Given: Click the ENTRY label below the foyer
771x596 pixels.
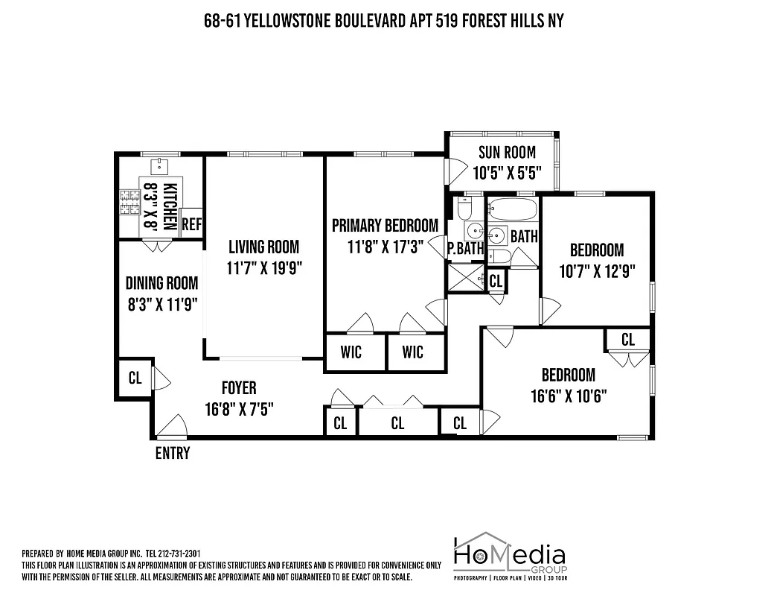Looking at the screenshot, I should pyautogui.click(x=172, y=453).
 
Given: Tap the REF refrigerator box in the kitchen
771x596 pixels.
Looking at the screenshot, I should pyautogui.click(x=191, y=223).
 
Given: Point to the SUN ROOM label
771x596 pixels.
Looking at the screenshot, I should pyautogui.click(x=507, y=153).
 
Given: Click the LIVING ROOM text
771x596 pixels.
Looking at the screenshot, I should pyautogui.click(x=263, y=247).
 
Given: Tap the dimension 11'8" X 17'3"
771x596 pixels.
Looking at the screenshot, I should pyautogui.click(x=385, y=247).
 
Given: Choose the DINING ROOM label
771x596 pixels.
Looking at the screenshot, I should pyautogui.click(x=161, y=283).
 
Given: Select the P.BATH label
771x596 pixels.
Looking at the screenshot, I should pyautogui.click(x=466, y=249).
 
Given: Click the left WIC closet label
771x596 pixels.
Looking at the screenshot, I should pyautogui.click(x=351, y=351).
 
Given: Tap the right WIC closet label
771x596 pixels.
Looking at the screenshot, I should pyautogui.click(x=412, y=351).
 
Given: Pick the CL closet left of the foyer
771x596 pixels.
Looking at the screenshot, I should pyautogui.click(x=135, y=378).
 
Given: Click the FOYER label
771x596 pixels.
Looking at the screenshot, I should pyautogui.click(x=239, y=388).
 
